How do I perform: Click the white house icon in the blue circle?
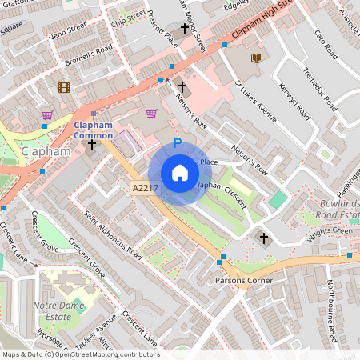[179, 173]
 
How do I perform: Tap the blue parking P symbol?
[178, 145]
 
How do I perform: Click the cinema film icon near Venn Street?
[63, 88]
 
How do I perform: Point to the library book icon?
[256, 58]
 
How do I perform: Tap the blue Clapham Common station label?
[94, 130]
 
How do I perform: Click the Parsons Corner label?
[244, 281]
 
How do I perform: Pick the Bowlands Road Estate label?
[337, 210]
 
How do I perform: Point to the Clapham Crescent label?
[218, 186]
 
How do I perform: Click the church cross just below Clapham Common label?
[92, 145]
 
